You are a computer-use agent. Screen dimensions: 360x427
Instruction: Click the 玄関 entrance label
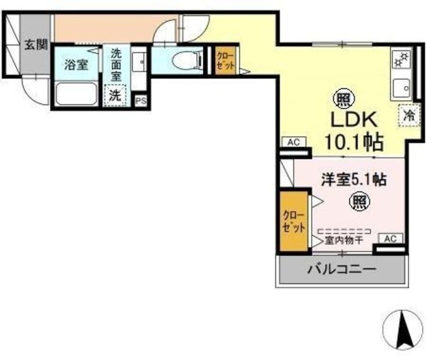pyautogui.click(x=36, y=45)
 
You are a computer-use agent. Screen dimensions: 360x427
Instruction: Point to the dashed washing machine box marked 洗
pyautogui.click(x=115, y=95)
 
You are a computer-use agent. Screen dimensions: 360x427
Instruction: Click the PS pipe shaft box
pyautogui.click(x=140, y=100)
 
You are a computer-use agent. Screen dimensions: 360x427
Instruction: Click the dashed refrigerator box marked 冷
pyautogui.click(x=408, y=115)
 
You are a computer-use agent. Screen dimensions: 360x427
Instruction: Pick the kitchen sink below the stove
pyautogui.click(x=404, y=86)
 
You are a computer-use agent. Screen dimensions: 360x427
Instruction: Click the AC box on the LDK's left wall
pyautogui.click(x=292, y=142)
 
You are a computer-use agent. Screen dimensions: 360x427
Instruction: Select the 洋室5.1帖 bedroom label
pyautogui.click(x=354, y=179)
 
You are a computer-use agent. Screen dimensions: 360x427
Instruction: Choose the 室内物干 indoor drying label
pyautogui.click(x=343, y=241)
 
